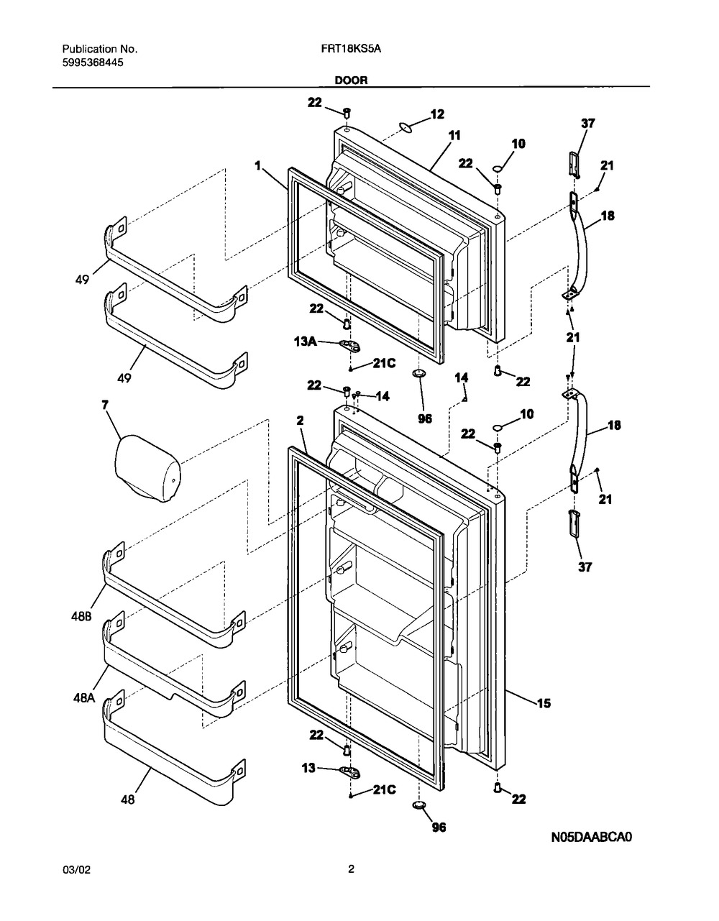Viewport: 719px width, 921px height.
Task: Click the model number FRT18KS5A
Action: click(x=351, y=49)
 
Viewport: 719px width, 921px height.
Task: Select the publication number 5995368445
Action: click(x=93, y=63)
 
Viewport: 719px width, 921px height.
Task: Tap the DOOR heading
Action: click(x=352, y=80)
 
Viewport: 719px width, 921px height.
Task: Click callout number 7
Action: click(x=105, y=405)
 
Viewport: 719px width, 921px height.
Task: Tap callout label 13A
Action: click(x=306, y=342)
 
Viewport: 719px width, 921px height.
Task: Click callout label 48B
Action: click(x=81, y=616)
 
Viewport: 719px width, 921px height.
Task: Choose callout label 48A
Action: click(x=84, y=698)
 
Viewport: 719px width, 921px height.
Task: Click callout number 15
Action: click(x=544, y=704)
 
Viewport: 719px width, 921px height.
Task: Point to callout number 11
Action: click(x=454, y=136)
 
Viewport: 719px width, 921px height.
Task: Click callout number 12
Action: click(x=437, y=114)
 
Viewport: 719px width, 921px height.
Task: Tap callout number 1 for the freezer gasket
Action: click(x=257, y=165)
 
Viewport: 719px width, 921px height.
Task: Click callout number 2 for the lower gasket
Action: click(x=300, y=421)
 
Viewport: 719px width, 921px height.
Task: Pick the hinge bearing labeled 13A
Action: click(x=350, y=346)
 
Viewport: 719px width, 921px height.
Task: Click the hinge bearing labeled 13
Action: click(x=350, y=773)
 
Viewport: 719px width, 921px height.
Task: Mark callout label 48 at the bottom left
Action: click(x=127, y=799)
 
